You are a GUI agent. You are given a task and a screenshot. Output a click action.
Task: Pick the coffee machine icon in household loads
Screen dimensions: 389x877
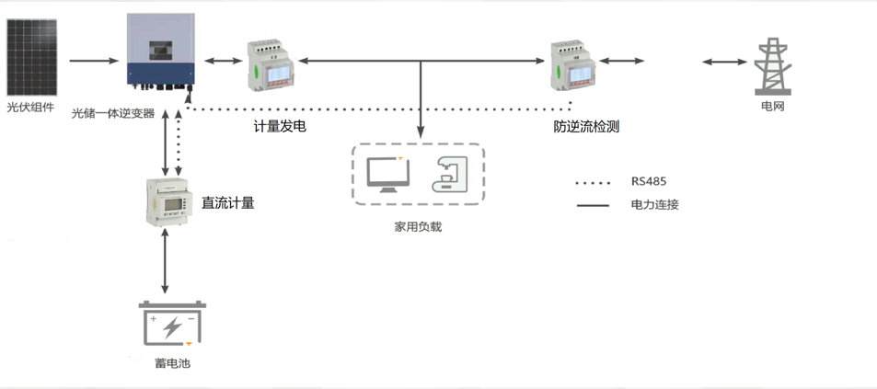click(449, 173)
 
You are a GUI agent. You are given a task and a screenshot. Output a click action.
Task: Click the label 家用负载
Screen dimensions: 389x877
click(418, 225)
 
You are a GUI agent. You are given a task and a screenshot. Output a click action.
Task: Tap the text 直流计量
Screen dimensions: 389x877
click(228, 202)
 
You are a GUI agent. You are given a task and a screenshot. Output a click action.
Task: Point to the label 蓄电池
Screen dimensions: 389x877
click(172, 363)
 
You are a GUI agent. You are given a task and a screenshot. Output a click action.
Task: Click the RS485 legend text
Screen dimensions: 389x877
click(649, 181)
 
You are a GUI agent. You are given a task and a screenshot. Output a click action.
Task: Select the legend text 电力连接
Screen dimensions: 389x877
click(654, 204)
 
